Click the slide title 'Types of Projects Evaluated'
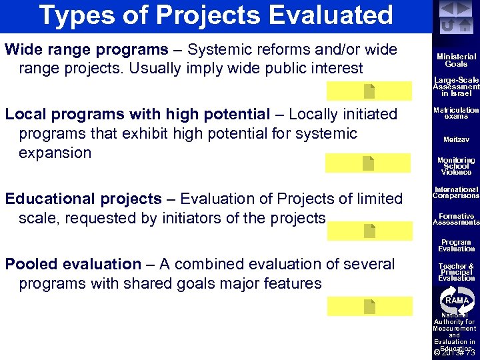216,15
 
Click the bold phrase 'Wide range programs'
87,50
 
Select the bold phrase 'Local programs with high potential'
137,115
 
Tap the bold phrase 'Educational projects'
83,199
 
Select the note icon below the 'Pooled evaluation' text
369,306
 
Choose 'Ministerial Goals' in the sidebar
456,61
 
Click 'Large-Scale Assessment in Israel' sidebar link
456,86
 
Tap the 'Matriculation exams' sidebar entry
456,113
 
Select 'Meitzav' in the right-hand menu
456,140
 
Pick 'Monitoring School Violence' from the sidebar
456,166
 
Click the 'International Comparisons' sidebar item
456,193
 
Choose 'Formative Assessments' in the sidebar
456,219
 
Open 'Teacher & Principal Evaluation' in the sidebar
456,272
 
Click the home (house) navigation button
465,25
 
